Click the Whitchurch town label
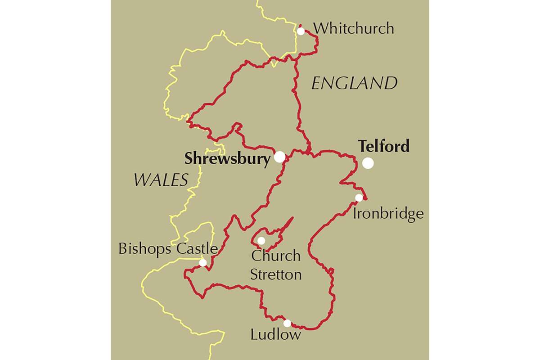[x=354, y=29]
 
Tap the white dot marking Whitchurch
[x=301, y=31]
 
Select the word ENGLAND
[x=355, y=83]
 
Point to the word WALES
[x=161, y=180]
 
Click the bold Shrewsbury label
[x=228, y=159]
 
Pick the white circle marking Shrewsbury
[x=279, y=157]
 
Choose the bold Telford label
[x=384, y=147]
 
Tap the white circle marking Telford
[x=368, y=163]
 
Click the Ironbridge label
[x=388, y=213]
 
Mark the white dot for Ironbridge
[x=359, y=198]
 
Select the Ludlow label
[x=275, y=335]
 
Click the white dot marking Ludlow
[x=287, y=323]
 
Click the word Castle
[x=196, y=249]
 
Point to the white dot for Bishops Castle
[x=203, y=262]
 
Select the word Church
[x=276, y=256]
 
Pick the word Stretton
[x=276, y=274]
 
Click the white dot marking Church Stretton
[x=261, y=241]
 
